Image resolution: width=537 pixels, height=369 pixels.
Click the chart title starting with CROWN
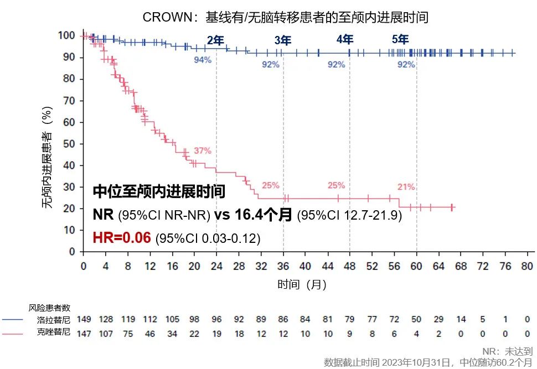(x=285, y=17)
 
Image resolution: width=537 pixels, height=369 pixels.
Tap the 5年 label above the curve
(x=400, y=39)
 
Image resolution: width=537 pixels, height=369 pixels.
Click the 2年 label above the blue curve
(x=215, y=40)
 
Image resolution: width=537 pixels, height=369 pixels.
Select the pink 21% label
(x=406, y=187)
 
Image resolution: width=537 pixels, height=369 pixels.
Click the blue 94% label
(x=203, y=60)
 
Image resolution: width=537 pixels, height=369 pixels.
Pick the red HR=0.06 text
(x=122, y=237)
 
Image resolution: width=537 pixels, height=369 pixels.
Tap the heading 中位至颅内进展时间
(x=159, y=192)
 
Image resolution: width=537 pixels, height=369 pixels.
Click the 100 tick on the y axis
(x=67, y=35)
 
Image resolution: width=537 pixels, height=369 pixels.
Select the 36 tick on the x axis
(x=283, y=266)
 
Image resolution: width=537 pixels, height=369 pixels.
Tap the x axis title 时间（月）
(x=302, y=285)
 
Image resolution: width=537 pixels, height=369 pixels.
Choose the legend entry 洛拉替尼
(x=54, y=319)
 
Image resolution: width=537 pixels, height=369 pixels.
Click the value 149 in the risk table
(x=84, y=319)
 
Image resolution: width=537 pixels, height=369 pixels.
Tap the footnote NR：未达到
(x=507, y=351)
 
